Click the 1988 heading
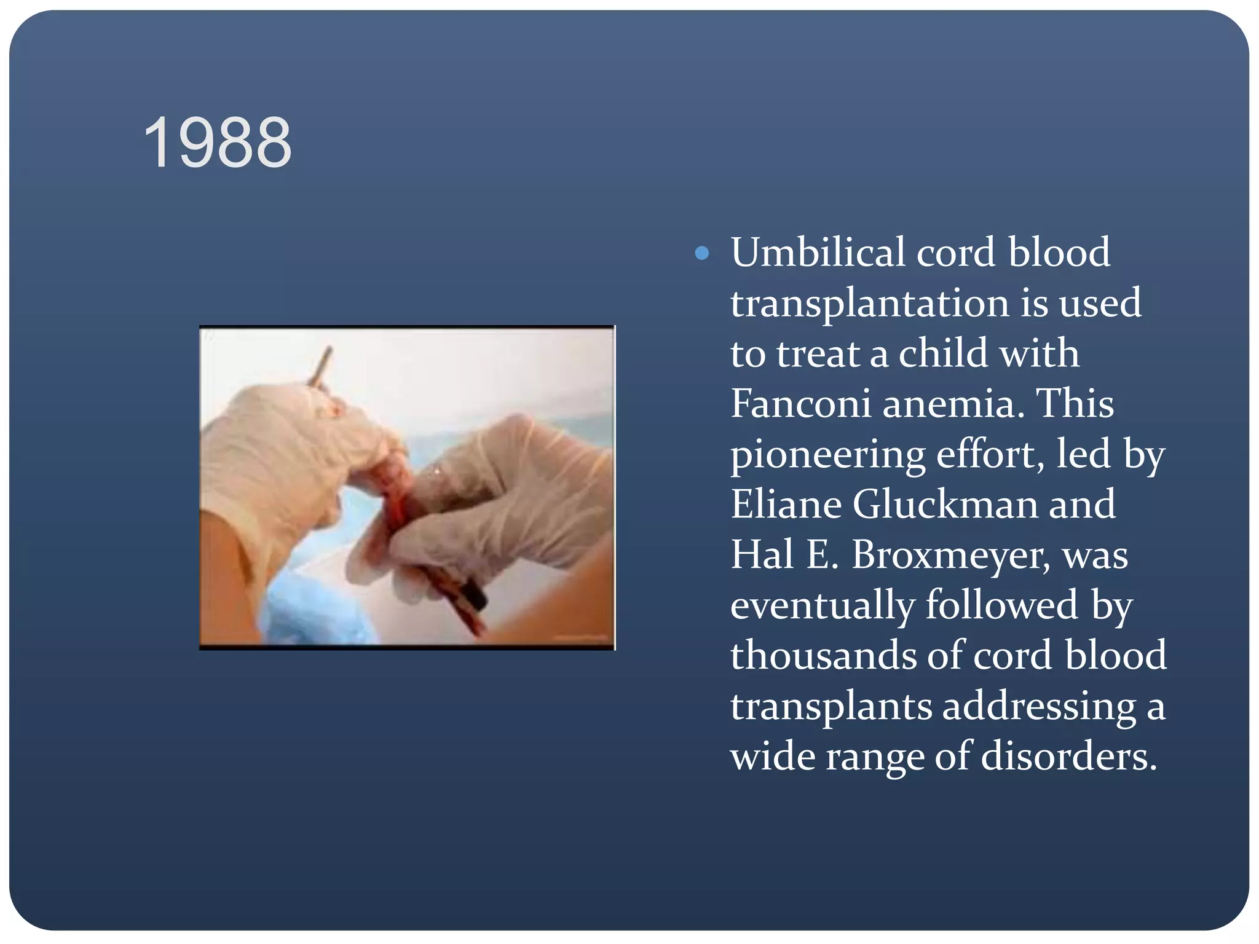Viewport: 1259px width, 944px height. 218,143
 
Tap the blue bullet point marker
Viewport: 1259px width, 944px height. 701,253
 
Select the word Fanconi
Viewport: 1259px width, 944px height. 800,404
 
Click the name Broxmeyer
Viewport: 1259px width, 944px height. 950,555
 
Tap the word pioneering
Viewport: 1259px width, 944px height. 827,455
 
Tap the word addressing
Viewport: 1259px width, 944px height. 1039,706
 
